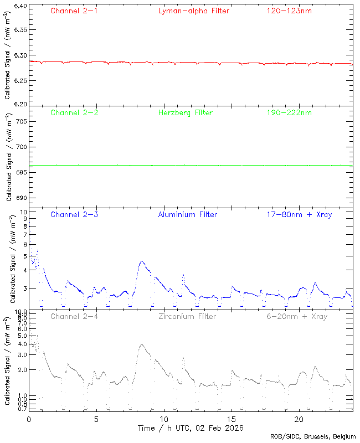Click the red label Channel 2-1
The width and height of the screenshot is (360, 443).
pyautogui.click(x=74, y=11)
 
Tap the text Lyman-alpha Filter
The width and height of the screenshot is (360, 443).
pyautogui.click(x=193, y=11)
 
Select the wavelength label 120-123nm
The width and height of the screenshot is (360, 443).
pyautogui.click(x=288, y=11)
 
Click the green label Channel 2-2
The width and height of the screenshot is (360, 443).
pyautogui.click(x=74, y=113)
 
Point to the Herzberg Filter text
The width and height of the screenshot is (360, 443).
pyautogui.click(x=185, y=113)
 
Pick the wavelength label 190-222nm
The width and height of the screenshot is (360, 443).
pyautogui.click(x=288, y=113)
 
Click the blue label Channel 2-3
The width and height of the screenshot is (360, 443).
pyautogui.click(x=74, y=214)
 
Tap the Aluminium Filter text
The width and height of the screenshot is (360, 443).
pyautogui.click(x=187, y=214)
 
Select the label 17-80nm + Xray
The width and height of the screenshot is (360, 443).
pyautogui.click(x=299, y=214)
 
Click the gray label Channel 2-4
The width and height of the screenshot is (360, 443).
pyautogui.click(x=74, y=317)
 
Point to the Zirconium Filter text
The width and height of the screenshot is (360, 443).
pyautogui.click(x=187, y=317)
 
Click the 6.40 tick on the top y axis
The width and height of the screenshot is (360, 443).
pyautogui.click(x=19, y=7)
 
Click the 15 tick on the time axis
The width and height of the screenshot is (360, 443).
pyautogui.click(x=232, y=419)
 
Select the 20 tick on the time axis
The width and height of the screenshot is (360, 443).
pyautogui.click(x=299, y=419)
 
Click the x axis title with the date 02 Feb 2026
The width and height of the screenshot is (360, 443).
pyautogui.click(x=191, y=428)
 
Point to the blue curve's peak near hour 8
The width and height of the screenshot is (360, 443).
pyautogui.click(x=142, y=261)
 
